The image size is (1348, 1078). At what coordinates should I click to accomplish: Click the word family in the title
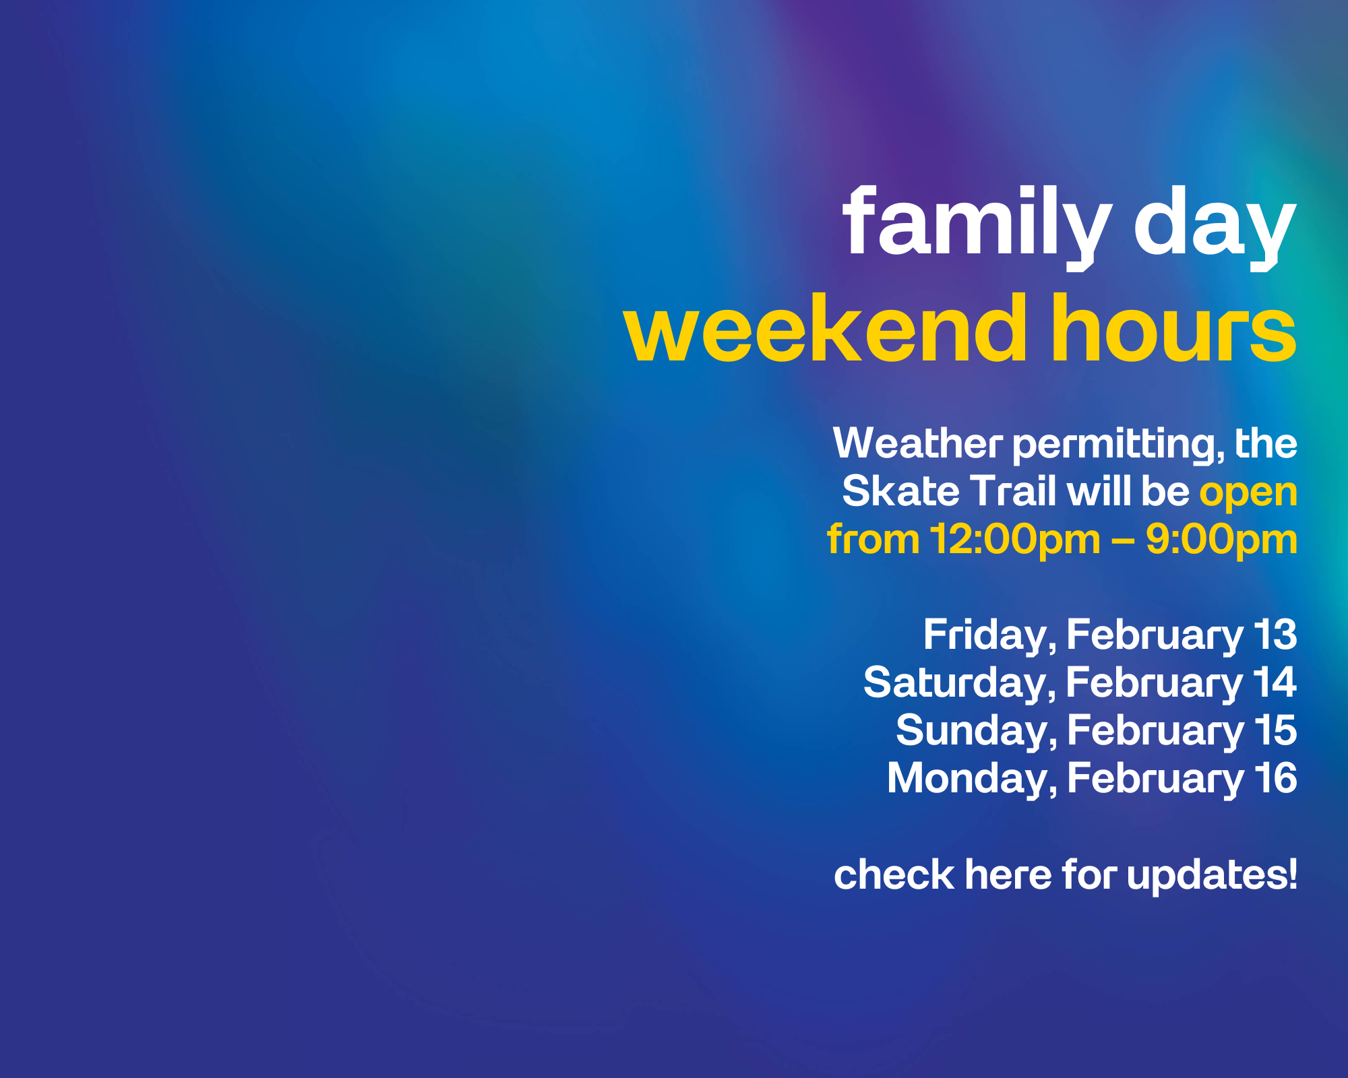(977, 226)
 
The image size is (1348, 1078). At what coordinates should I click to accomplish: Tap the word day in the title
(1215, 226)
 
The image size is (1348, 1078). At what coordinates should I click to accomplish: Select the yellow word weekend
(826, 328)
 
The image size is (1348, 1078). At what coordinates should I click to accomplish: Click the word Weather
(918, 443)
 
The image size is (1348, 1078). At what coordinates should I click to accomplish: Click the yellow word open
(1248, 495)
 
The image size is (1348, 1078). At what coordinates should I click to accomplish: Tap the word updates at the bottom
(1212, 877)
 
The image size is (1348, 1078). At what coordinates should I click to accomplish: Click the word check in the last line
(894, 875)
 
